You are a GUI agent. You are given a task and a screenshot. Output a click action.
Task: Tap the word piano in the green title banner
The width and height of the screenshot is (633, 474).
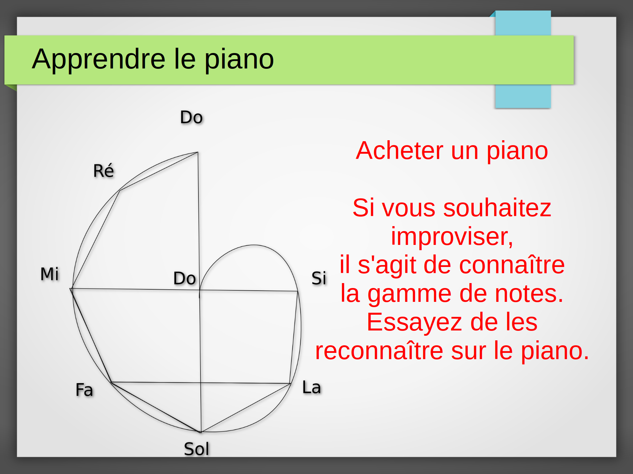click(x=239, y=60)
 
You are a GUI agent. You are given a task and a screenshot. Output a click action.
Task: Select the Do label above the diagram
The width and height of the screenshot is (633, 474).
click(x=191, y=117)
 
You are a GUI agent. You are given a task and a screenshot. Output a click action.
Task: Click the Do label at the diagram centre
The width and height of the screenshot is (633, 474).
click(x=185, y=278)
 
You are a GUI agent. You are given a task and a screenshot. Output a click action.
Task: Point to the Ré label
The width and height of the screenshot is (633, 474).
click(x=104, y=170)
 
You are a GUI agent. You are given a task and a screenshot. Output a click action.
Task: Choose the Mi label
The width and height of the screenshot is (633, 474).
click(x=49, y=274)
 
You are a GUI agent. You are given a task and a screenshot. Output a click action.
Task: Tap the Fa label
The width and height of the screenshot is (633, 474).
click(x=84, y=390)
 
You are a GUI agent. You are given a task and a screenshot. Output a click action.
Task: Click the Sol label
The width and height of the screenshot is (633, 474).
click(x=196, y=449)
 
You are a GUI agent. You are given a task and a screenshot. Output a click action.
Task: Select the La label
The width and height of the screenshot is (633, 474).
click(x=312, y=387)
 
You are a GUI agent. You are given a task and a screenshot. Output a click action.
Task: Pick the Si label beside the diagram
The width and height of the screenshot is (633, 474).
click(x=319, y=278)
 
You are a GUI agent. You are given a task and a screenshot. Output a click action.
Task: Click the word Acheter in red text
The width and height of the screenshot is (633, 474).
click(x=399, y=150)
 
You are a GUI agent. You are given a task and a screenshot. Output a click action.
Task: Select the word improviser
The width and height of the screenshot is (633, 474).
click(x=452, y=237)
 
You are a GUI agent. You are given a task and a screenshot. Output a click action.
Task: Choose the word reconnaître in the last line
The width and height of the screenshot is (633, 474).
click(x=379, y=351)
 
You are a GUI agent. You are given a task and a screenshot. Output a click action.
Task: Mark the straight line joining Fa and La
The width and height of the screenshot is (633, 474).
click(x=201, y=383)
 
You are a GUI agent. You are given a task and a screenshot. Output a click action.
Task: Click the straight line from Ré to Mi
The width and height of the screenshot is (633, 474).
click(x=96, y=239)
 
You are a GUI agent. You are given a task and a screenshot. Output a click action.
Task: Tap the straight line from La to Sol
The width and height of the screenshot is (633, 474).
click(x=246, y=408)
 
